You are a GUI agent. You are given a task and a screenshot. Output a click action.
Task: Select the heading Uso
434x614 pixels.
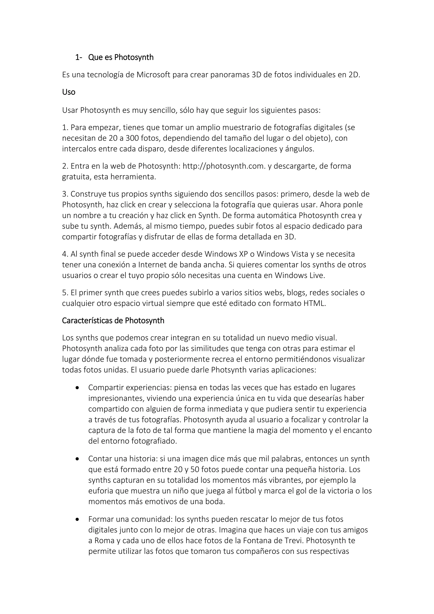click(x=69, y=92)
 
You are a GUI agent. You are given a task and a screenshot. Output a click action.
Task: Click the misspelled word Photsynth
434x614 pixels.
click(x=228, y=370)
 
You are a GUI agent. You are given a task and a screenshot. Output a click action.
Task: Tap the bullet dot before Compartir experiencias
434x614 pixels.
click(x=78, y=388)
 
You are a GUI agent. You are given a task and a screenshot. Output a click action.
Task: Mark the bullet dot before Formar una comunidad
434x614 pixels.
click(x=78, y=519)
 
